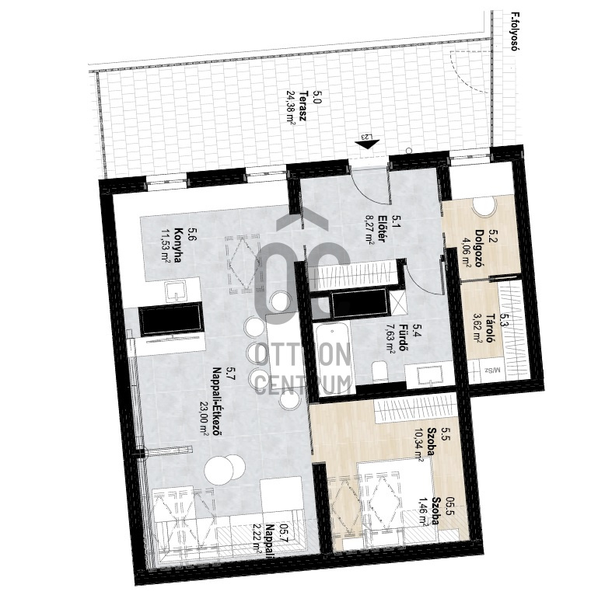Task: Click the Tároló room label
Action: pyautogui.click(x=491, y=329)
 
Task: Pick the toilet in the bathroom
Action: pyautogui.click(x=380, y=371)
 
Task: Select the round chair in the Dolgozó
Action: pyautogui.click(x=484, y=207)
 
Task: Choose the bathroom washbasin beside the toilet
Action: pyautogui.click(x=429, y=374)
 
